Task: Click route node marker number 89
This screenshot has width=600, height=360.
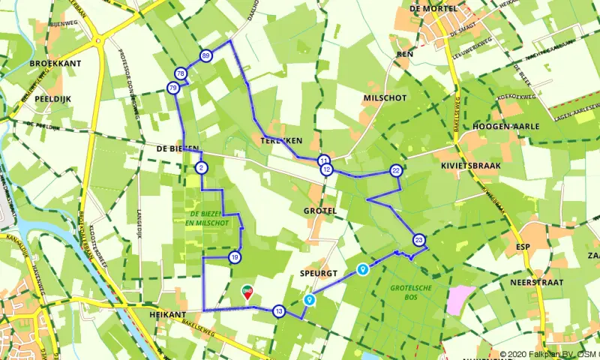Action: pyautogui.click(x=206, y=56)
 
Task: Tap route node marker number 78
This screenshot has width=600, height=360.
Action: pyautogui.click(x=180, y=73)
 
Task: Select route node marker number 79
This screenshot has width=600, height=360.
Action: pyautogui.click(x=173, y=88)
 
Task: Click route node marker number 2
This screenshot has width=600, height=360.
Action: pyautogui.click(x=201, y=167)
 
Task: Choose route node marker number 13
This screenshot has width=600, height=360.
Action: pyautogui.click(x=279, y=311)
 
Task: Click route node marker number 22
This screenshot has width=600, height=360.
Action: pyautogui.click(x=396, y=171)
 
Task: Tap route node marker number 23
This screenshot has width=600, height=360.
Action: pyautogui.click(x=418, y=240)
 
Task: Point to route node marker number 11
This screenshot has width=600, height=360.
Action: pyautogui.click(x=323, y=160)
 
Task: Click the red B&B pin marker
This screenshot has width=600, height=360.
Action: pyautogui.click(x=247, y=291)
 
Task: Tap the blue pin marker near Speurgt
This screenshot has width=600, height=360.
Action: pyautogui.click(x=363, y=269)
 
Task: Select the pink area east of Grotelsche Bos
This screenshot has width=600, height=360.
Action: pyautogui.click(x=460, y=298)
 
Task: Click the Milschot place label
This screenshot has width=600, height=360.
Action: pyautogui.click(x=384, y=98)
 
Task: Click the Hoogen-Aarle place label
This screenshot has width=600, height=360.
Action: pyautogui.click(x=505, y=127)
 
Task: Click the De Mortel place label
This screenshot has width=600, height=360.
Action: pyautogui.click(x=433, y=9)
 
